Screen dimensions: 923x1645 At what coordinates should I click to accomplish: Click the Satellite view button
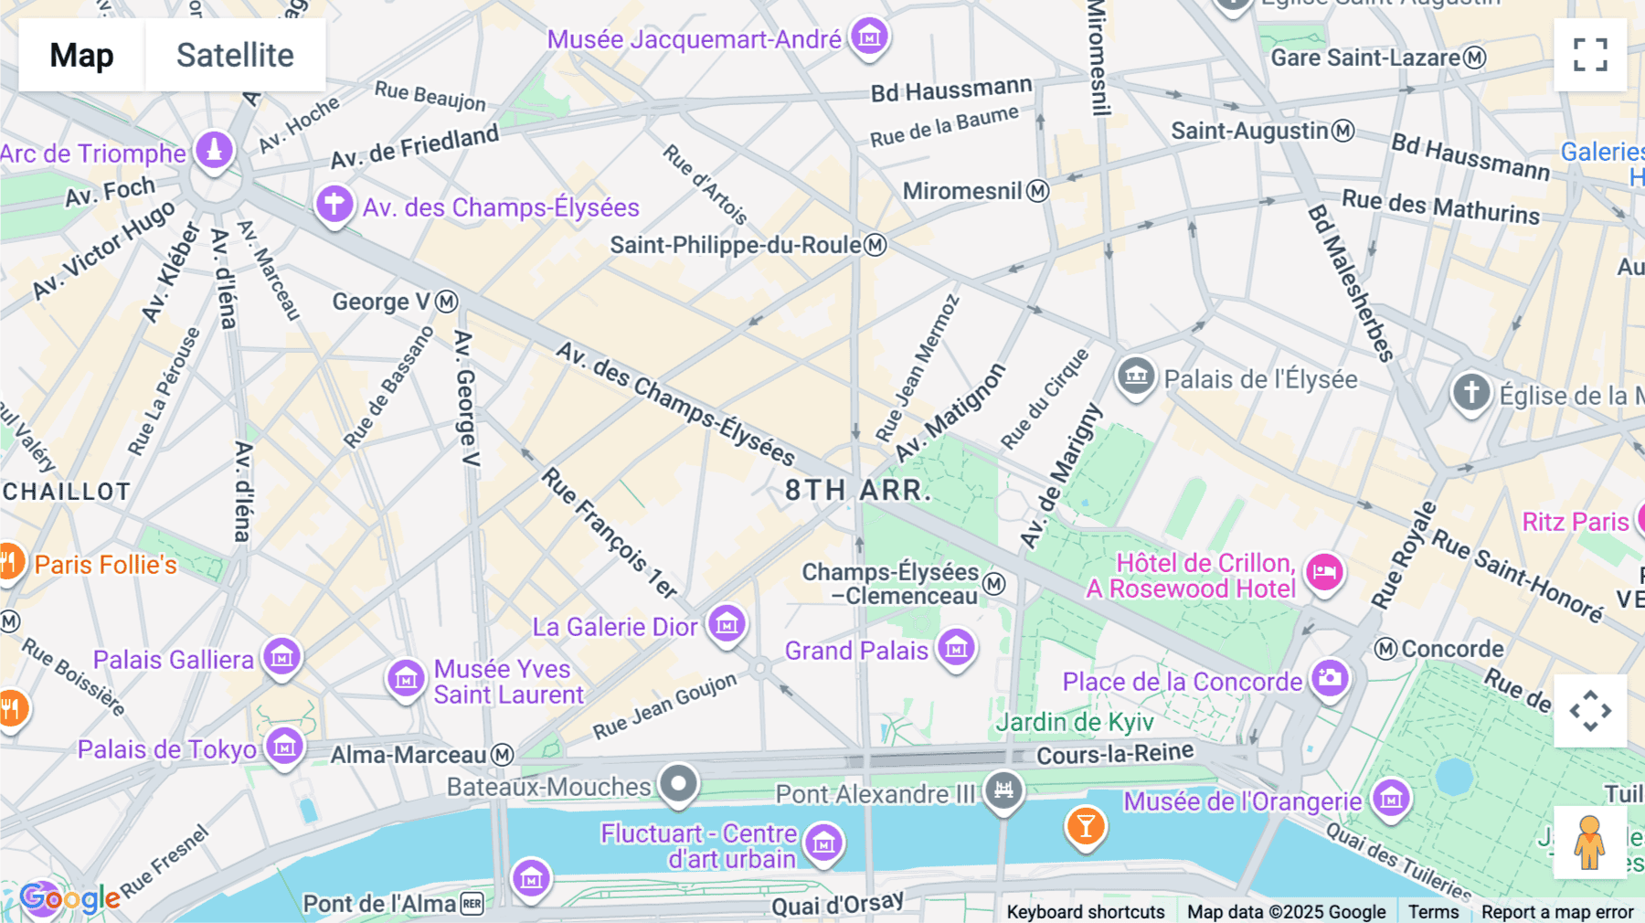[235, 55]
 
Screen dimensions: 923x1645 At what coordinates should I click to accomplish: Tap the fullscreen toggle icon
[1590, 55]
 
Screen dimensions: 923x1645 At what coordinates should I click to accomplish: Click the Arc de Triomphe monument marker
[215, 149]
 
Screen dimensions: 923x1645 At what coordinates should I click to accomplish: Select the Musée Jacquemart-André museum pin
[869, 37]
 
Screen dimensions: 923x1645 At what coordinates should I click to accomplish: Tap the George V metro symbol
[446, 302]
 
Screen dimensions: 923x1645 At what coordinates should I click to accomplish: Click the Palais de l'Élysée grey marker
[1136, 375]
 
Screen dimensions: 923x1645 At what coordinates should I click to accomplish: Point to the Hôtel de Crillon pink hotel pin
[1323, 573]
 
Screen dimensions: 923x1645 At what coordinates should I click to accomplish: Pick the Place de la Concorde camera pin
[1330, 678]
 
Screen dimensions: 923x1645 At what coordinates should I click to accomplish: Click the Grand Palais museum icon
[956, 649]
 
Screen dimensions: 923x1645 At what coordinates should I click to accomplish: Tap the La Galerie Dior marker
[727, 624]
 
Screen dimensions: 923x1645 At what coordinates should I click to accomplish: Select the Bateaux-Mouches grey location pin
[679, 783]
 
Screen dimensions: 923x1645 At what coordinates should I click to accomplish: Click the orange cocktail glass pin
[1085, 826]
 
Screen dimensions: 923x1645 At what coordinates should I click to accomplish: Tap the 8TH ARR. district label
[857, 491]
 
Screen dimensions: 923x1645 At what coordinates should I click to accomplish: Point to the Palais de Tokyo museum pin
[284, 747]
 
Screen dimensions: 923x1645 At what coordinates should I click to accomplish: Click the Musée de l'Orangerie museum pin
[1391, 799]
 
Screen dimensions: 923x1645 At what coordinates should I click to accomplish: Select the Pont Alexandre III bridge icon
[1003, 789]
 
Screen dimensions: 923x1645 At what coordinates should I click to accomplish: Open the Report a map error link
[1557, 912]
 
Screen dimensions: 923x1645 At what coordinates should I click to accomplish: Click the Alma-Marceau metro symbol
[503, 755]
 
